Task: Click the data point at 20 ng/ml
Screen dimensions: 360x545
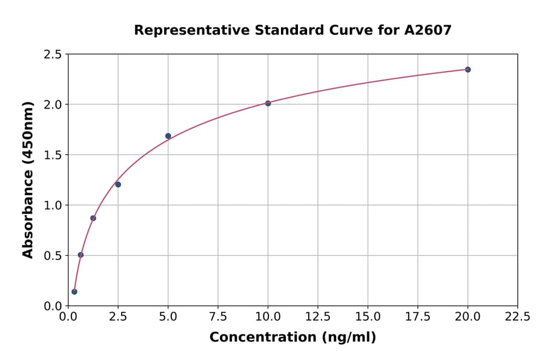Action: point(467,70)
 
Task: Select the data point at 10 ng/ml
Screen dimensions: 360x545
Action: point(268,103)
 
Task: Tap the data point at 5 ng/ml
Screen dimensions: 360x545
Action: point(168,136)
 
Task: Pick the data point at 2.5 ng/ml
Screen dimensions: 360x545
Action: point(118,184)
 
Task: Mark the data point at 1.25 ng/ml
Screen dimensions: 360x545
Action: point(93,218)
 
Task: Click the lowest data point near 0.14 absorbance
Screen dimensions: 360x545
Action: point(74,292)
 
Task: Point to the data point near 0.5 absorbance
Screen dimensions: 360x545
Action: point(81,255)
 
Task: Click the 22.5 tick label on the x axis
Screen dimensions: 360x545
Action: point(517,317)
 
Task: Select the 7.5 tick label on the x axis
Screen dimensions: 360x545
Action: point(218,317)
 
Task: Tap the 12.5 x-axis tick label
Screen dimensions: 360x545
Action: point(318,317)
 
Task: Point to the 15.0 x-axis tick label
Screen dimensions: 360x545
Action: point(368,317)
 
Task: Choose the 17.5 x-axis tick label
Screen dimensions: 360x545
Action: point(418,317)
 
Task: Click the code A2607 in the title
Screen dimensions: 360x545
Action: point(428,30)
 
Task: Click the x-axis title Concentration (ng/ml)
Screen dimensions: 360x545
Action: point(292,338)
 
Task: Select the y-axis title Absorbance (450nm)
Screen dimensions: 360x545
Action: point(28,180)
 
